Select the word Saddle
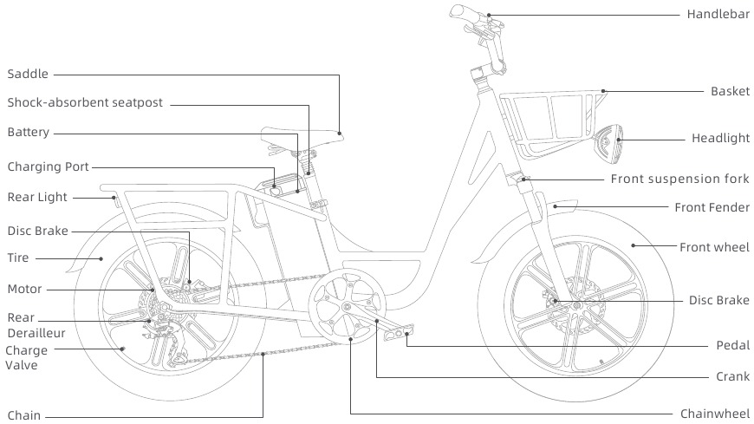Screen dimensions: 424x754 click(28, 75)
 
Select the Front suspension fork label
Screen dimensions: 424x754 click(680, 179)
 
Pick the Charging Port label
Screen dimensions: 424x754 click(48, 166)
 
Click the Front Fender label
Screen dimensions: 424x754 click(712, 207)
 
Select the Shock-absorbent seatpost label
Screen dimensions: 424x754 click(85, 103)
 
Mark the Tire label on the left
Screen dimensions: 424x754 click(18, 258)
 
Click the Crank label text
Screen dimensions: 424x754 click(732, 378)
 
